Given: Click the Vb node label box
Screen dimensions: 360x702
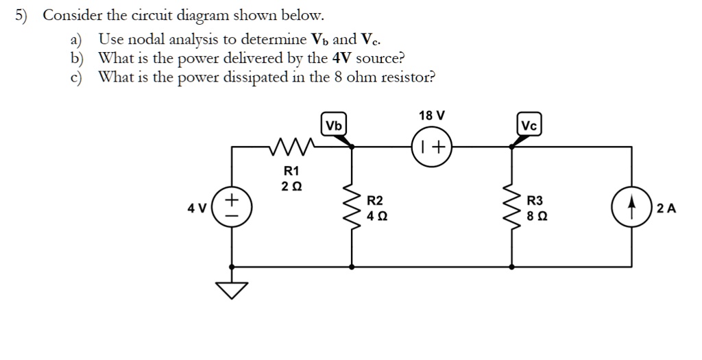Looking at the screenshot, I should [334, 126].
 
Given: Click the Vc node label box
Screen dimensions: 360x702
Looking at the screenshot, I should [529, 126].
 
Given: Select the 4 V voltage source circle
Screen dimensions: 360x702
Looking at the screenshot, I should [232, 207].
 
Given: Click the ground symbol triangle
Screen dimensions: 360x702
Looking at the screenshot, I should [232, 291].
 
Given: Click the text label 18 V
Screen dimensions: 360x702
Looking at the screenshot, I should [431, 116].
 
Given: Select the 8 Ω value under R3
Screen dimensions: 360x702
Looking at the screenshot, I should [535, 216].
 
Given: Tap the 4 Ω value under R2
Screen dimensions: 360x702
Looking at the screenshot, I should [376, 216].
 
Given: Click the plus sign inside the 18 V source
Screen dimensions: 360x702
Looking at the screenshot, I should [438, 147].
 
